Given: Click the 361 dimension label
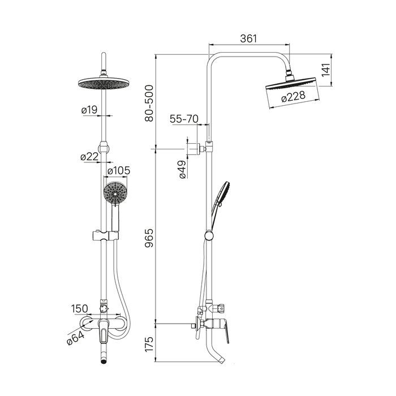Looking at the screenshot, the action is [x=248, y=38].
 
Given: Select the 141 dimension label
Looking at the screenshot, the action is [x=326, y=70].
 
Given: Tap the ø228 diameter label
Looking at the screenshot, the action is [x=293, y=96].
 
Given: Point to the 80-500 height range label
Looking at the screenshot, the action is [x=149, y=104].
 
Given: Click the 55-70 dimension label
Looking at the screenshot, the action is [x=184, y=119].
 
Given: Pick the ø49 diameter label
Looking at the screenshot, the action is [x=183, y=170].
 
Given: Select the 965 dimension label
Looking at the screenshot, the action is [x=149, y=238].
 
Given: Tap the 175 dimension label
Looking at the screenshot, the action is [x=149, y=344].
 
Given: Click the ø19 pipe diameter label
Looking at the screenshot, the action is [x=89, y=110].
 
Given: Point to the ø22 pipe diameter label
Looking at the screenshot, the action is [x=89, y=157].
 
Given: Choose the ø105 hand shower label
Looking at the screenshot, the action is [x=119, y=171].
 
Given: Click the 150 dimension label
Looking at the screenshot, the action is [x=80, y=309].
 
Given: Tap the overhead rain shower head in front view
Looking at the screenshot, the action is [x=104, y=83].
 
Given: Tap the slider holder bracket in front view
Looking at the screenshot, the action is [x=105, y=236].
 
